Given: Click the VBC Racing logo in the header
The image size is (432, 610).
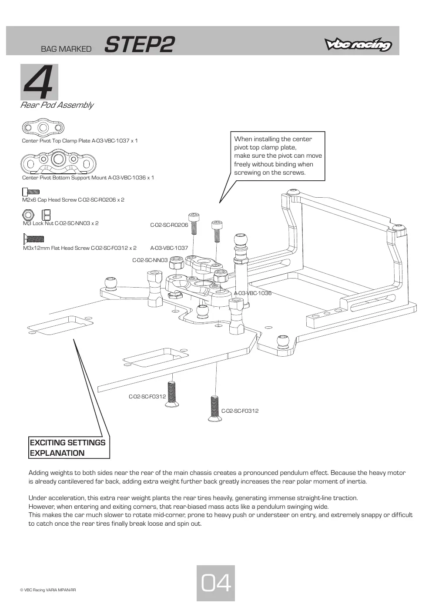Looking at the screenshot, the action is [x=358, y=44].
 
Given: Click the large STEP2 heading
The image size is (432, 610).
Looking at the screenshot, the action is [x=139, y=45].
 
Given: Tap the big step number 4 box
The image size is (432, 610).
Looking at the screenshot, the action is [x=39, y=82].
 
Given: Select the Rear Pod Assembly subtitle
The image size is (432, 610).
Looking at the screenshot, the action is [x=57, y=105].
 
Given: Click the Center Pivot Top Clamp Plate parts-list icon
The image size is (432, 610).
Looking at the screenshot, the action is [x=43, y=127].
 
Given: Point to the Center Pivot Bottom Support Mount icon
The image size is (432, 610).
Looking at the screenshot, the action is [x=58, y=162].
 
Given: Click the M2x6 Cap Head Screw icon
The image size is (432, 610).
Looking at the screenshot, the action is [x=31, y=192].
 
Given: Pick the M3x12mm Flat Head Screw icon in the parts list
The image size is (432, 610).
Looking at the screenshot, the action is [x=33, y=239].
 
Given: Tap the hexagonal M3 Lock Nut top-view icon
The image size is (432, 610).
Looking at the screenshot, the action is [x=28, y=215].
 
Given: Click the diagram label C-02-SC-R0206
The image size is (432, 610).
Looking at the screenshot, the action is [x=169, y=225].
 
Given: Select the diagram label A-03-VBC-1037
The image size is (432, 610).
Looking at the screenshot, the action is [x=169, y=248].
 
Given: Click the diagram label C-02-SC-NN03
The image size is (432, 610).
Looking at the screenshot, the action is [x=150, y=260].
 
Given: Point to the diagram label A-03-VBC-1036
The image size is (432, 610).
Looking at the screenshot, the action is [x=253, y=293].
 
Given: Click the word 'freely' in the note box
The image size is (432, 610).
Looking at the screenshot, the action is [x=242, y=164].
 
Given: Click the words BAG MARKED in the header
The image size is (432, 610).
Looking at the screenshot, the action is [x=66, y=49].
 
